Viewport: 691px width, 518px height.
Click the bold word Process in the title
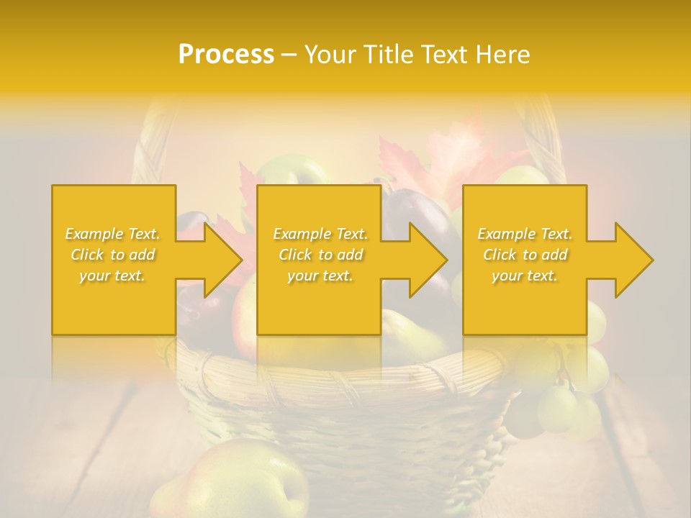226,55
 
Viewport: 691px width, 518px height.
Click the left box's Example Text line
113,234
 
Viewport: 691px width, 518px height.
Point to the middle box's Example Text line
320,234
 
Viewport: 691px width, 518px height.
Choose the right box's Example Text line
525,234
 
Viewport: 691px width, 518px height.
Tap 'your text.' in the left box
112,276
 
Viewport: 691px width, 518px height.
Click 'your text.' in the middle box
320,276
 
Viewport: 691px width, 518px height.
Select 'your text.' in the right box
525,276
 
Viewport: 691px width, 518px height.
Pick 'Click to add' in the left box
113,255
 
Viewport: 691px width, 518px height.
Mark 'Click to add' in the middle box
320,255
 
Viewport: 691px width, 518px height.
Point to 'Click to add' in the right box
525,255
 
